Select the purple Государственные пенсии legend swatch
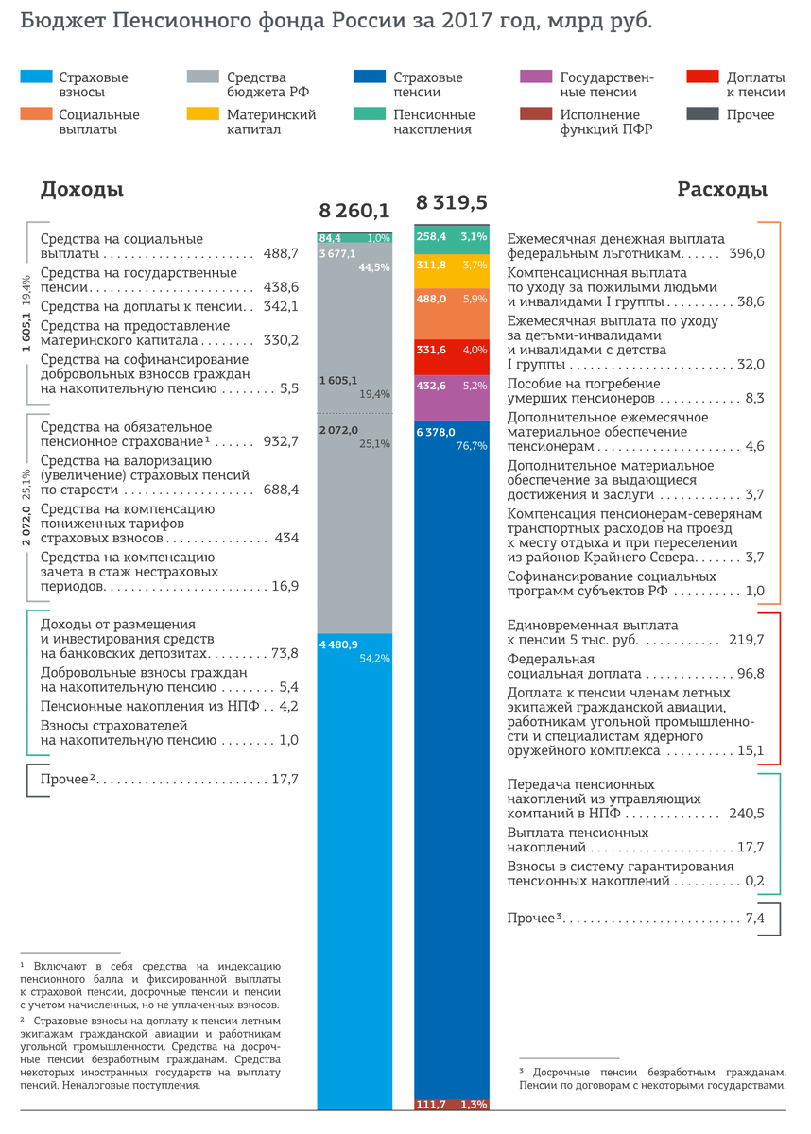coord(535,77)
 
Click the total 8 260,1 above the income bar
coord(354,210)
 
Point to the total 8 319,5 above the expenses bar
coord(451,202)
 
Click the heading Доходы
coord(82,190)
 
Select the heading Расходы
coord(722,190)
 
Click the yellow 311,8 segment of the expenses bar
coord(452,266)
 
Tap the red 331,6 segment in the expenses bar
coord(452,350)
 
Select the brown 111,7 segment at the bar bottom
coord(452,1104)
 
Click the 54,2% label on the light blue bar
coord(375,658)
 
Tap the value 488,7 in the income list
coord(281,254)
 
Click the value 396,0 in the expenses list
coord(747,254)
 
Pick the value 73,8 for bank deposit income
coord(285,653)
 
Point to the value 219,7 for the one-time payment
coord(747,640)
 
